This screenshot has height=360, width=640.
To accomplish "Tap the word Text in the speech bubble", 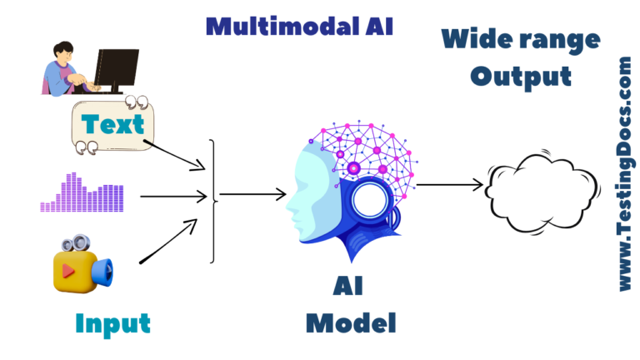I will point(112,124).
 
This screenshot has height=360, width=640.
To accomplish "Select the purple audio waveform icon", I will point(82,193).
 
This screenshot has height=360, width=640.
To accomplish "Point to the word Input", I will point(112,322).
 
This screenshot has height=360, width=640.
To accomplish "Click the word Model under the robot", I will point(350,322).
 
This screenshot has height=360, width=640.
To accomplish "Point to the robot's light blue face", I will point(309,187).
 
